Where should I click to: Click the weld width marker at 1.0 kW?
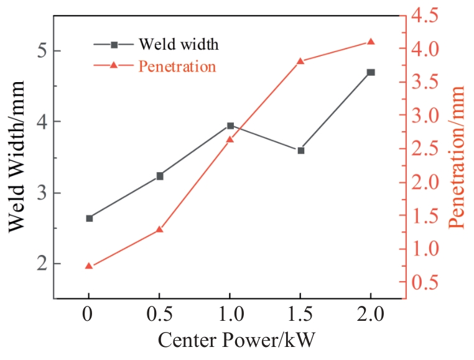click(x=230, y=126)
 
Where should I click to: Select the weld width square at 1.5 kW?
click(x=300, y=150)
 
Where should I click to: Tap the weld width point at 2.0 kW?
click(x=371, y=72)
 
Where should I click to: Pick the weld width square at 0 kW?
click(x=89, y=218)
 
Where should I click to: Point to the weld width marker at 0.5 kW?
click(x=160, y=176)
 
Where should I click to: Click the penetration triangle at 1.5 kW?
click(x=300, y=61)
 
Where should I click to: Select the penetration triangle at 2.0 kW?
click(x=371, y=42)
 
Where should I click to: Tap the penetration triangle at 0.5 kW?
click(x=160, y=229)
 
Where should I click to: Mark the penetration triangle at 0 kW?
click(x=89, y=266)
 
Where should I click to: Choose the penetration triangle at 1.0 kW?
click(x=230, y=139)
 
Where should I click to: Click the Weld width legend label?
click(x=178, y=45)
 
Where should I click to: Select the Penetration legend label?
click(x=177, y=65)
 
